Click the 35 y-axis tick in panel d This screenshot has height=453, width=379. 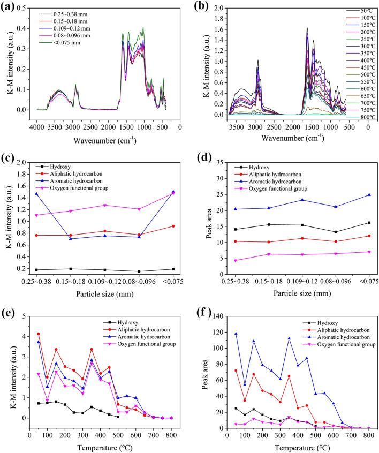pyautogui.click(x=220, y=161)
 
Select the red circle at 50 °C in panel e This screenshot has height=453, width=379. pyautogui.click(x=38, y=334)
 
